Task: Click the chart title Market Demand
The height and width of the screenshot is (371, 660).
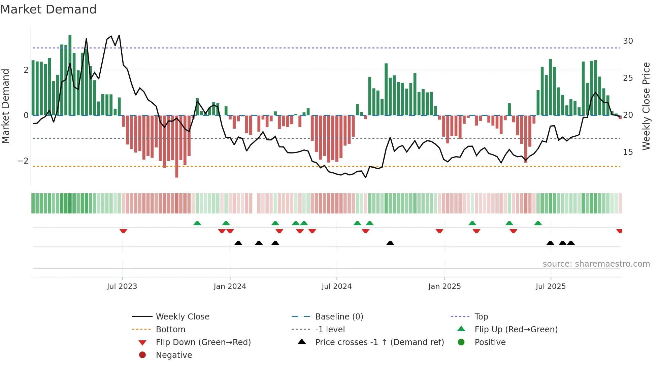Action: tap(48, 9)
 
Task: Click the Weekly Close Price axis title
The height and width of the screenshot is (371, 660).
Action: tap(646, 106)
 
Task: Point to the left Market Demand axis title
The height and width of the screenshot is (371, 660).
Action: tap(5, 106)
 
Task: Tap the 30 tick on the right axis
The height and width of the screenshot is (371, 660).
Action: tap(628, 41)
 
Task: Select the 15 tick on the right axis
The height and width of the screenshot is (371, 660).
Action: tap(628, 152)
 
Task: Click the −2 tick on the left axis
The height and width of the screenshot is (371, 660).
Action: tap(23, 161)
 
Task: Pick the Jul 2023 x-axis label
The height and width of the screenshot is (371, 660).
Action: tap(122, 286)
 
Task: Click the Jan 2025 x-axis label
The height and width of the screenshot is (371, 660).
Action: tap(444, 286)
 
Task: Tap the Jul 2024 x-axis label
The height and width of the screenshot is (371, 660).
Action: tap(336, 286)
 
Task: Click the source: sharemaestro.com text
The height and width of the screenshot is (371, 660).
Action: tap(596, 264)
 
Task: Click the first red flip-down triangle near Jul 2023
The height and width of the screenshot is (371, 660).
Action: tap(123, 231)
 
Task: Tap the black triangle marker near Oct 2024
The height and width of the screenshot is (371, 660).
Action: tap(390, 243)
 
